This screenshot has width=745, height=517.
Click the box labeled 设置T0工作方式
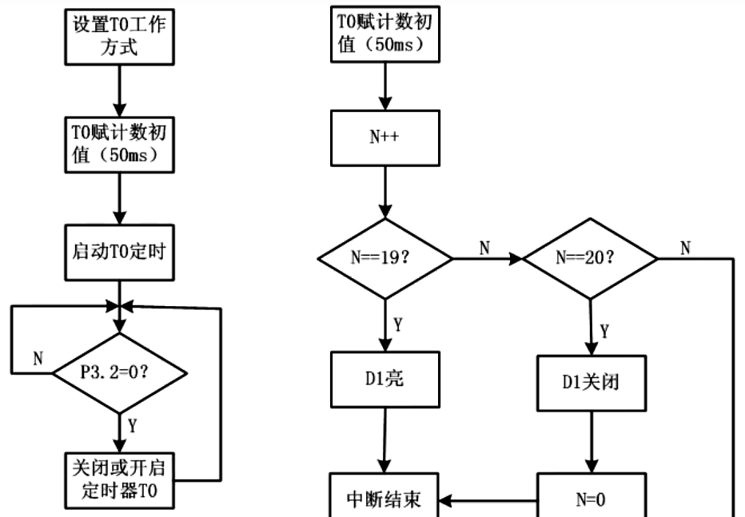(119, 34)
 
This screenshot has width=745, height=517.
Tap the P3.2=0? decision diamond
(119, 372)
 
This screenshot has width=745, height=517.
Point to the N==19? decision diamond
(385, 259)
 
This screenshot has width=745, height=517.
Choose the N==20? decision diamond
(590, 259)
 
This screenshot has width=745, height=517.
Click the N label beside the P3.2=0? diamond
(38, 359)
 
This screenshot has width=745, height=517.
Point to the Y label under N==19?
(398, 324)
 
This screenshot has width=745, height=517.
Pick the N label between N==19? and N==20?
(484, 248)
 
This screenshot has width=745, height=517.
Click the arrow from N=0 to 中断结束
(488, 501)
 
